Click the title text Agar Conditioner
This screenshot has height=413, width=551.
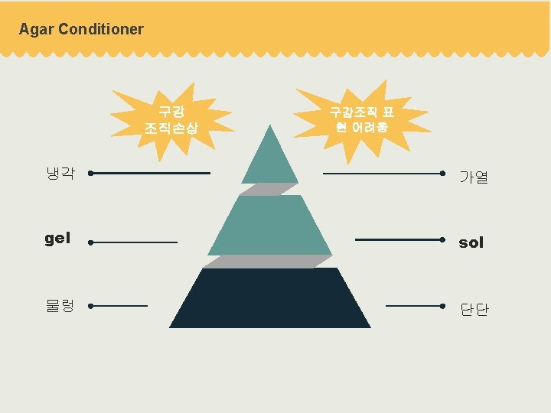(x=81, y=30)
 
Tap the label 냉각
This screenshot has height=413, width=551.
(x=60, y=174)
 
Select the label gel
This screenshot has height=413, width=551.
(x=57, y=239)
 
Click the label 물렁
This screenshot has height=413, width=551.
(x=60, y=306)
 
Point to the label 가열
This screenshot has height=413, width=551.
(x=474, y=177)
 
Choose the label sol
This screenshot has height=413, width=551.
(x=471, y=242)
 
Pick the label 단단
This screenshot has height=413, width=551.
(x=474, y=310)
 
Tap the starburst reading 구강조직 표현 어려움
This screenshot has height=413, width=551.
(x=362, y=119)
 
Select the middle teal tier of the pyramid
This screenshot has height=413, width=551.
(x=270, y=226)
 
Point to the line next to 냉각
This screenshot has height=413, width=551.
(x=150, y=174)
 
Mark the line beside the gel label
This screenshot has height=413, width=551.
(x=134, y=242)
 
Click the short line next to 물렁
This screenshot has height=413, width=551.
(x=119, y=306)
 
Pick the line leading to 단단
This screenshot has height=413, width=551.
(x=415, y=306)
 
